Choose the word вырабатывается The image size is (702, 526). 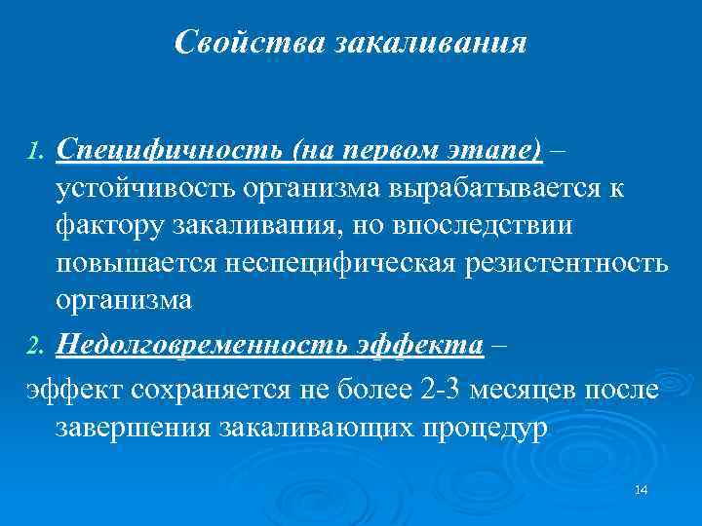tap(507, 188)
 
